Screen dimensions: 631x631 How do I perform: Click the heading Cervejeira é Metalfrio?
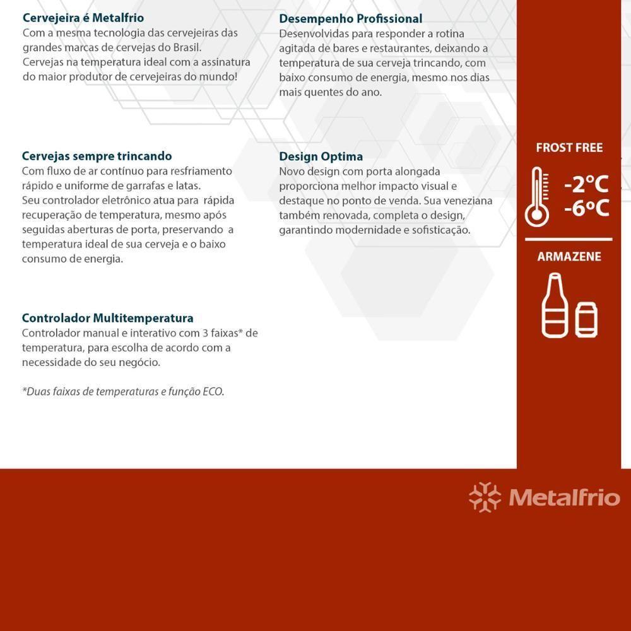tap(83, 18)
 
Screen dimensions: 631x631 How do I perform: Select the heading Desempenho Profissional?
tap(351, 19)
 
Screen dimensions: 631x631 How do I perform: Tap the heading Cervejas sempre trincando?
tap(97, 156)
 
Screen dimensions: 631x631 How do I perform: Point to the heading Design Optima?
tap(321, 156)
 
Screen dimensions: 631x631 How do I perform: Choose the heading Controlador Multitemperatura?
tap(107, 318)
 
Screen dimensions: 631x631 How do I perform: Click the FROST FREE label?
tap(569, 148)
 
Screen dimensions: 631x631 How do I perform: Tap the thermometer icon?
tap(537, 197)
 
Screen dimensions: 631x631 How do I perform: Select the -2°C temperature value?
tap(586, 185)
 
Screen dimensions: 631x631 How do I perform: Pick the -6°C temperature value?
tap(586, 208)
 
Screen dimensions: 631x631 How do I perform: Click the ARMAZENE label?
tap(569, 257)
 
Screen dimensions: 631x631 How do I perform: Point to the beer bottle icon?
tap(554, 306)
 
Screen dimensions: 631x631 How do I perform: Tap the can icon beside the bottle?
tap(586, 319)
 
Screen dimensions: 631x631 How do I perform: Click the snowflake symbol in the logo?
tap(485, 497)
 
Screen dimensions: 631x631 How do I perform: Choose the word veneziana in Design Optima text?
tap(466, 201)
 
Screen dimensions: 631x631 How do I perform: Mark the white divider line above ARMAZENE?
tap(569, 240)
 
